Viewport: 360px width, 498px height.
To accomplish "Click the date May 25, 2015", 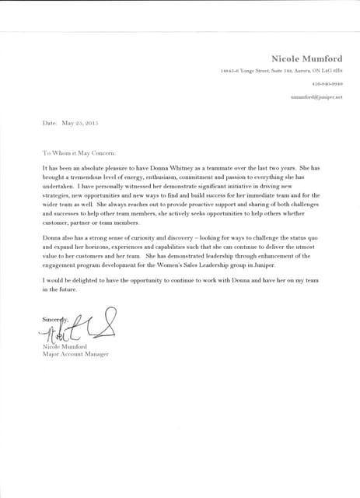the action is (x=82, y=123).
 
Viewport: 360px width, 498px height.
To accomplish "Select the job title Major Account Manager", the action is (x=76, y=355).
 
